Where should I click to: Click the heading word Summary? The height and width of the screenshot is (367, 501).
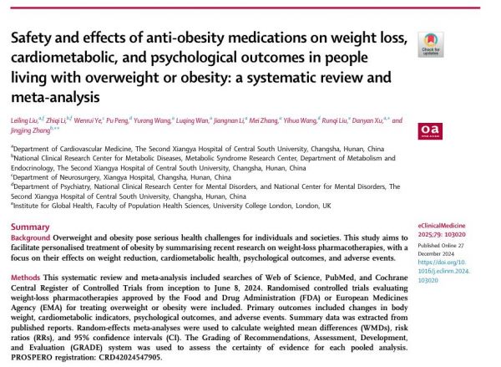(32, 227)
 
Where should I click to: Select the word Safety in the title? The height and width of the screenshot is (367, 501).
(31, 43)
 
